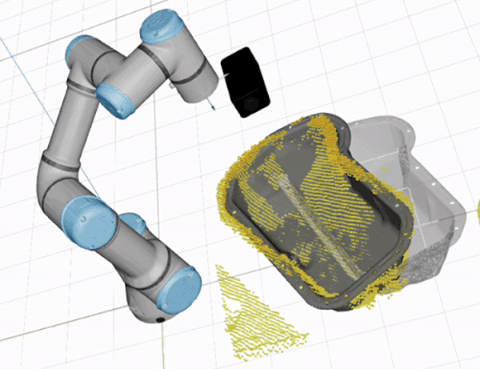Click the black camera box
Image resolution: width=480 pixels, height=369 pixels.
(x=245, y=82)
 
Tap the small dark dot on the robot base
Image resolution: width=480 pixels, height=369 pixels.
(x=158, y=319)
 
